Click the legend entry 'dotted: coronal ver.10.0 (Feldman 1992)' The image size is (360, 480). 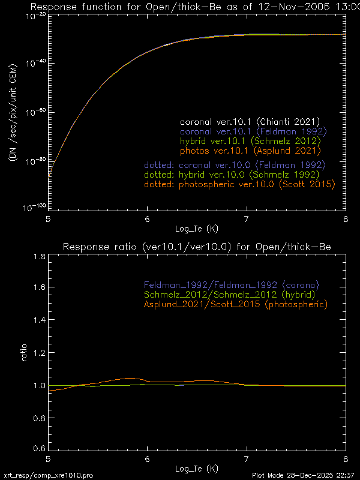(x=235, y=164)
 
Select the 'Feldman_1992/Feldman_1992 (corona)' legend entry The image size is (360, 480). (x=231, y=284)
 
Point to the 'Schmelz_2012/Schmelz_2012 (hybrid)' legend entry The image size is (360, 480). (x=231, y=294)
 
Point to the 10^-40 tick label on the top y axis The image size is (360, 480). (x=35, y=63)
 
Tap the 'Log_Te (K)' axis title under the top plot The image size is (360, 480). (x=197, y=229)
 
